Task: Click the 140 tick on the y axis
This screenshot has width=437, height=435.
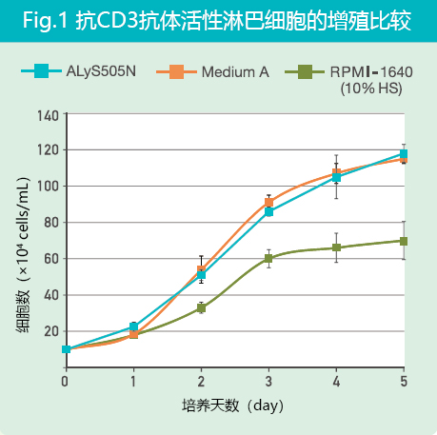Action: click(x=48, y=114)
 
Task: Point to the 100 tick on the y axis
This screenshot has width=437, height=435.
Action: click(x=48, y=187)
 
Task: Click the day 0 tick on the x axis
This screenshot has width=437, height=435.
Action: click(x=65, y=381)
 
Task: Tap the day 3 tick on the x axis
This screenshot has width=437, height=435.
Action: click(x=268, y=381)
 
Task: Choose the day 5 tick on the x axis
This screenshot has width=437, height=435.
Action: click(x=404, y=381)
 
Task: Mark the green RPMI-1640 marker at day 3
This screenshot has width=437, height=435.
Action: click(x=268, y=258)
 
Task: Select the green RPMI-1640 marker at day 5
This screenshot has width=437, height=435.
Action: click(x=404, y=241)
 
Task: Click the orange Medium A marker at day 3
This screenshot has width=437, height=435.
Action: click(x=268, y=203)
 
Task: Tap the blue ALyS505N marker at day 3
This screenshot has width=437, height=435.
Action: click(x=268, y=211)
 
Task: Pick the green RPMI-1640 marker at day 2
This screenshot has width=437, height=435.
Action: click(x=201, y=308)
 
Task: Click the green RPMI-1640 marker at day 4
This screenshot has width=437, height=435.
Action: click(x=336, y=247)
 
